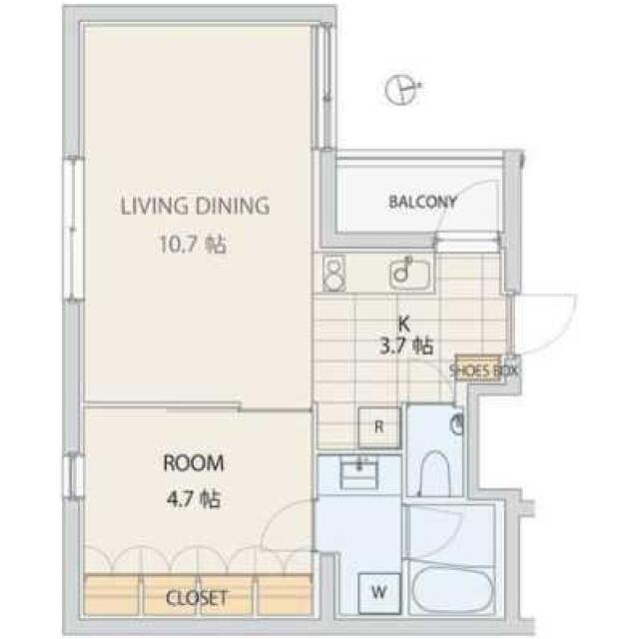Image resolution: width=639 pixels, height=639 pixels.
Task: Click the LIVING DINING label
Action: pyautogui.click(x=195, y=206)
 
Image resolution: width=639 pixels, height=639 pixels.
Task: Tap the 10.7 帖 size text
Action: pyautogui.click(x=193, y=245)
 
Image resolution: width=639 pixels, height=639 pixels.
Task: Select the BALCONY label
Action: pyautogui.click(x=422, y=202)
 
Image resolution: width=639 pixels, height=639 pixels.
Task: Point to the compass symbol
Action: pyautogui.click(x=402, y=89)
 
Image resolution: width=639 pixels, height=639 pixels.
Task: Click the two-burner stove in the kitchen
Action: pyautogui.click(x=333, y=273)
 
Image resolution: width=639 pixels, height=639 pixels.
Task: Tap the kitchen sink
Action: pyautogui.click(x=409, y=274)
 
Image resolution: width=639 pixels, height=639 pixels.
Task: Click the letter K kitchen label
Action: pyautogui.click(x=403, y=324)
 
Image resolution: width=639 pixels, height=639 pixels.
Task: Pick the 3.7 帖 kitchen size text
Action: pyautogui.click(x=406, y=346)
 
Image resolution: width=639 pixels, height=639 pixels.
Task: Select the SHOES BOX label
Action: pyautogui.click(x=483, y=370)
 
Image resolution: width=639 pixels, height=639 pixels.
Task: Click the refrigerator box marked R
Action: pyautogui.click(x=379, y=427)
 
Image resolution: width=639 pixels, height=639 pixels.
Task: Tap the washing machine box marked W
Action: pyautogui.click(x=379, y=592)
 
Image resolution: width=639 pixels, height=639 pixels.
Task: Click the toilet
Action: pyautogui.click(x=434, y=473)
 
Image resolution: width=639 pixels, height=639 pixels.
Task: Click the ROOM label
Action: pyautogui.click(x=194, y=463)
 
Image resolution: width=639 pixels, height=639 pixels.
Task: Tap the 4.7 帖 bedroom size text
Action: pyautogui.click(x=194, y=499)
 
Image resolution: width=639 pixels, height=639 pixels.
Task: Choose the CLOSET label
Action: pyautogui.click(x=196, y=598)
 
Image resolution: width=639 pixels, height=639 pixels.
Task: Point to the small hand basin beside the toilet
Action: pyautogui.click(x=458, y=424)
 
